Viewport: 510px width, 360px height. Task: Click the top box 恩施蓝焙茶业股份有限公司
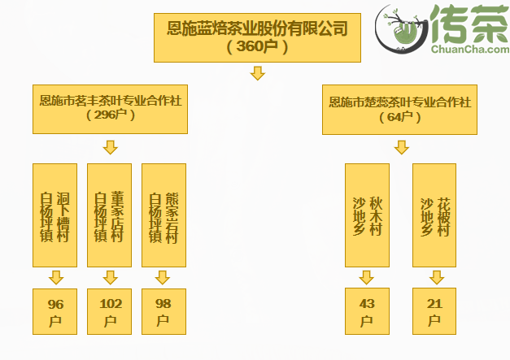(x=257, y=37)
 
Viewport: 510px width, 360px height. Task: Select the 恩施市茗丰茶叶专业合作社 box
(x=111, y=108)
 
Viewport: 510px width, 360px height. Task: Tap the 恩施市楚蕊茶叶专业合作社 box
(x=400, y=108)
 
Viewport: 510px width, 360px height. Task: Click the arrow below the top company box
(x=257, y=74)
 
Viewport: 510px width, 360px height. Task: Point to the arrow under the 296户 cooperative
(x=111, y=147)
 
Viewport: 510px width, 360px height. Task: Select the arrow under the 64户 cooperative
(x=401, y=147)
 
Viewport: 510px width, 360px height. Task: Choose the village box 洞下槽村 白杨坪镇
(x=55, y=215)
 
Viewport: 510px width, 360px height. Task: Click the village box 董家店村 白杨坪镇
(x=110, y=215)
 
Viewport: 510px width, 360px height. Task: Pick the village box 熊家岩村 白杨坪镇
(x=163, y=215)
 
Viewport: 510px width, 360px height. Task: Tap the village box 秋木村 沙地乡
(x=367, y=215)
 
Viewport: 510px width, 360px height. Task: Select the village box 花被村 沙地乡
(x=434, y=215)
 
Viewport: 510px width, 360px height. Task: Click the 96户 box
(x=55, y=311)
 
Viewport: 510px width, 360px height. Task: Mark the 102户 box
(x=110, y=311)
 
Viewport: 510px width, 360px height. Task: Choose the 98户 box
(x=163, y=311)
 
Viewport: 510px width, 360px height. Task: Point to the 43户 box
(x=367, y=311)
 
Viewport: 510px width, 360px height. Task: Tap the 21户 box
(x=434, y=311)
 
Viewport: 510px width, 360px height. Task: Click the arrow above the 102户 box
(x=110, y=277)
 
